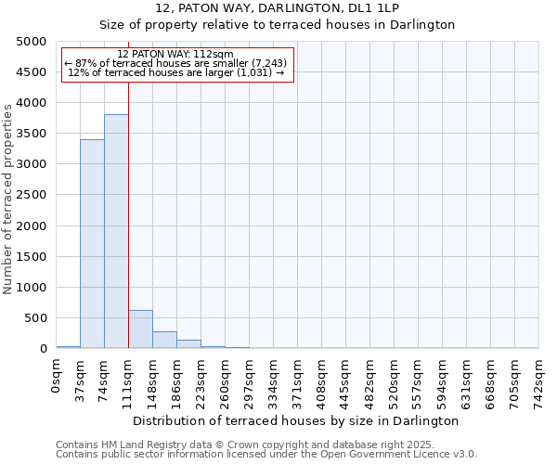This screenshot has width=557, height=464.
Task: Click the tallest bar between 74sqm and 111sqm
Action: pyautogui.click(x=116, y=231)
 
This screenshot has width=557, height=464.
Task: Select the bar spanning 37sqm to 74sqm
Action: pyautogui.click(x=92, y=244)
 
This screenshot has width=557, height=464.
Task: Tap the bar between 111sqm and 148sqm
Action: pyautogui.click(x=140, y=329)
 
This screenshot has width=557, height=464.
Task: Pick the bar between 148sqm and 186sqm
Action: pyautogui.click(x=164, y=340)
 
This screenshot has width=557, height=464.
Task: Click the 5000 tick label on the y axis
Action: pyautogui.click(x=31, y=42)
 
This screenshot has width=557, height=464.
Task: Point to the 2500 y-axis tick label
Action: pyautogui.click(x=31, y=195)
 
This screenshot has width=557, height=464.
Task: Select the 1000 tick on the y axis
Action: pyautogui.click(x=31, y=288)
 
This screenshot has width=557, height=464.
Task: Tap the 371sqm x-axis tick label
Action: pyautogui.click(x=298, y=379)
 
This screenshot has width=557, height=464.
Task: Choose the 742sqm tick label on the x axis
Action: pyautogui.click(x=539, y=379)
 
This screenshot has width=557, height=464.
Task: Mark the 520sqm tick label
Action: pyautogui.click(x=395, y=379)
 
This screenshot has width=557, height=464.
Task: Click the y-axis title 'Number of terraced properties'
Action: pyautogui.click(x=9, y=198)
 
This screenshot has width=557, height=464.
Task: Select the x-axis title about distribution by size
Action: pyautogui.click(x=296, y=420)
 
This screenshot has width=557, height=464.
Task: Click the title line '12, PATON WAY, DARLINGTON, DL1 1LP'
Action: pyautogui.click(x=278, y=8)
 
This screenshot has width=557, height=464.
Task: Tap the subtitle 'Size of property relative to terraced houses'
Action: pyautogui.click(x=278, y=25)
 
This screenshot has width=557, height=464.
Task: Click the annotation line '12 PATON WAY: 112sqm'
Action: pyautogui.click(x=176, y=55)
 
